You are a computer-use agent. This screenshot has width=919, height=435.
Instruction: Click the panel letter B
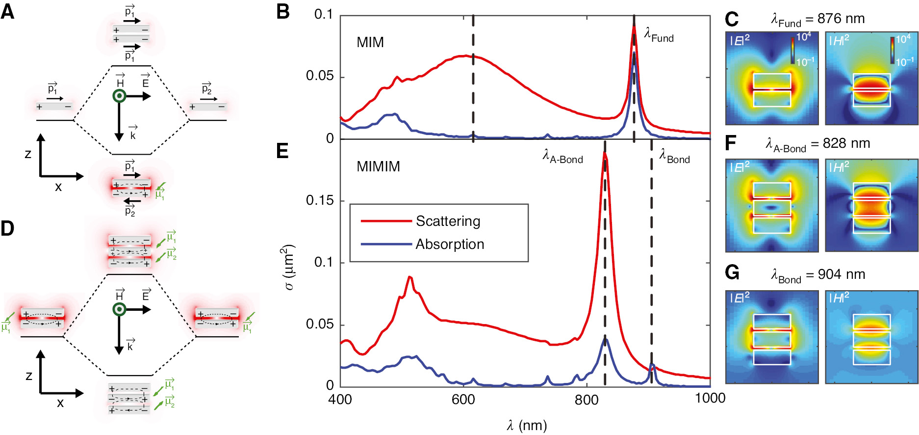click(283, 12)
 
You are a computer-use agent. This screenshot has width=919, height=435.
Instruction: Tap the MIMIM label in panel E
click(378, 166)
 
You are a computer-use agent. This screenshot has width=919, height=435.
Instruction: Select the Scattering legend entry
click(447, 221)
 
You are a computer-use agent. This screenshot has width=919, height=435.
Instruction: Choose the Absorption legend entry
click(449, 244)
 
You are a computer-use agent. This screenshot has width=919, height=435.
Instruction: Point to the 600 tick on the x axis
click(463, 399)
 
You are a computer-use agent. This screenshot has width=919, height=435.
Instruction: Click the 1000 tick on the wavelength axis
click(710, 398)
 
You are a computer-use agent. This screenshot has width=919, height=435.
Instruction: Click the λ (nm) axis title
click(526, 425)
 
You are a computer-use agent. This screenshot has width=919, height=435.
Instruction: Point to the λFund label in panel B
click(659, 35)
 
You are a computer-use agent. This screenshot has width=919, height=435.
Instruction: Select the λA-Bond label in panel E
click(562, 156)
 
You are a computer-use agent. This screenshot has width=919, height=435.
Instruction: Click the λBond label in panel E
click(674, 156)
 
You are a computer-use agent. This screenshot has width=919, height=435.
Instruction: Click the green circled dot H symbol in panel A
click(119, 96)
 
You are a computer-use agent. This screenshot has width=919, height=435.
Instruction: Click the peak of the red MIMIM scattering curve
click(605, 153)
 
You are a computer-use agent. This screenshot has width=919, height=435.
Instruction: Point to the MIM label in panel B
click(370, 42)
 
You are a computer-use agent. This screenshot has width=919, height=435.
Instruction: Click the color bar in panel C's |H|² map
click(892, 50)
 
